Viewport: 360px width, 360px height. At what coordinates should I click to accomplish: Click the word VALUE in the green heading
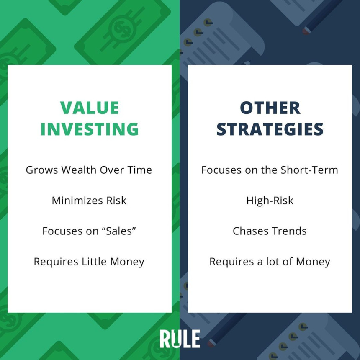[x=90, y=108]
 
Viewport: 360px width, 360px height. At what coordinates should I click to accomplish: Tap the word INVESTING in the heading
[x=90, y=129]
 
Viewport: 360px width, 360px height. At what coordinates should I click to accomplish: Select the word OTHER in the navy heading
[x=270, y=108]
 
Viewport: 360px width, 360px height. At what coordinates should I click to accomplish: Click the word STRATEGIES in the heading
[x=270, y=129]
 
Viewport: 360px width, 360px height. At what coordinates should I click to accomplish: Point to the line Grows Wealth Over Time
[x=89, y=170]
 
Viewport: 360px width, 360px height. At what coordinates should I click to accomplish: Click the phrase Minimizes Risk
[x=89, y=201]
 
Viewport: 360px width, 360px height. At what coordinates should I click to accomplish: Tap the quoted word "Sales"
[x=119, y=231]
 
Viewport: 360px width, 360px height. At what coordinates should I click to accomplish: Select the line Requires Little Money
[x=89, y=262]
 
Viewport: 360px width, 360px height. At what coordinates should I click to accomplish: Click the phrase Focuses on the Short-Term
[x=270, y=170]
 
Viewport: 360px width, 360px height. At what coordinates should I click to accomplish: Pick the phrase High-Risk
[x=270, y=201]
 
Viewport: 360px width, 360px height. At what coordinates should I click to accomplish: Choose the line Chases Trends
[x=270, y=231]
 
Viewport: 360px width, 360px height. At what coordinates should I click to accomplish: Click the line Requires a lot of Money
[x=270, y=262]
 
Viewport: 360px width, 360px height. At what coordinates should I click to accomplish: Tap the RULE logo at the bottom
[x=180, y=339]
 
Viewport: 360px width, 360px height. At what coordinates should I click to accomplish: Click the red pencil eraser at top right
[x=306, y=31]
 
